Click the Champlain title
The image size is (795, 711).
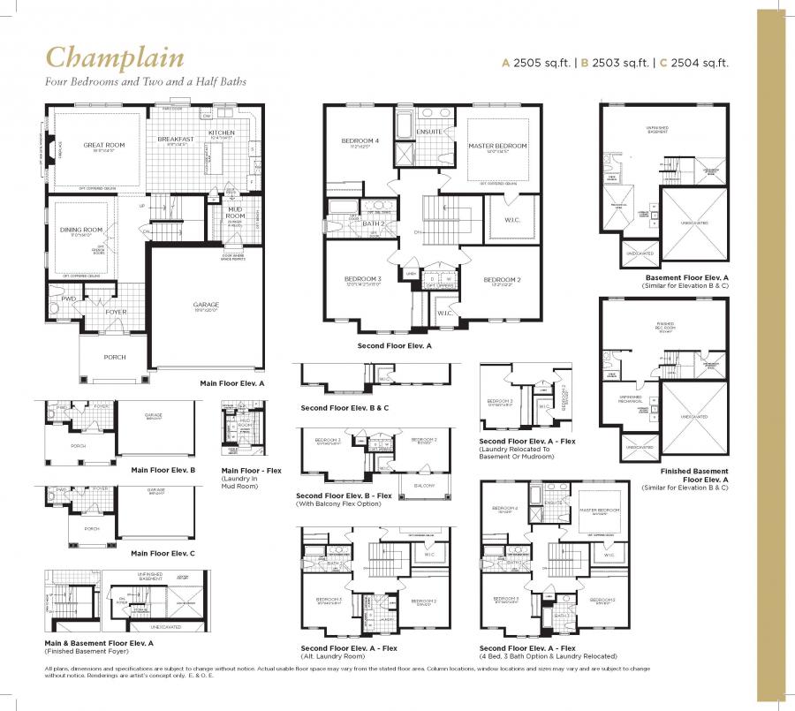click(x=115, y=58)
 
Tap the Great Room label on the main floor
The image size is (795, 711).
click(x=104, y=145)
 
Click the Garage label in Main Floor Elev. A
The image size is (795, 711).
click(x=206, y=305)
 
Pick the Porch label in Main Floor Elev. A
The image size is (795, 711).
click(x=114, y=357)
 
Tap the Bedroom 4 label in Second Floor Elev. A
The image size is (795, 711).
click(x=360, y=141)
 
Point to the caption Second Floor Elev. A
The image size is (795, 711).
click(x=394, y=346)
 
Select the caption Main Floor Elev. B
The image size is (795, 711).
click(x=163, y=471)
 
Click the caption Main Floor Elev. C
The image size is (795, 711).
click(x=163, y=553)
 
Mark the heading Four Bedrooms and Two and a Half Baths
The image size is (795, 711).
click(x=146, y=81)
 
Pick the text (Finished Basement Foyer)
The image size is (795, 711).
click(x=90, y=651)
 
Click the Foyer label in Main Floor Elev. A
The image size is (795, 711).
click(x=116, y=312)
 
